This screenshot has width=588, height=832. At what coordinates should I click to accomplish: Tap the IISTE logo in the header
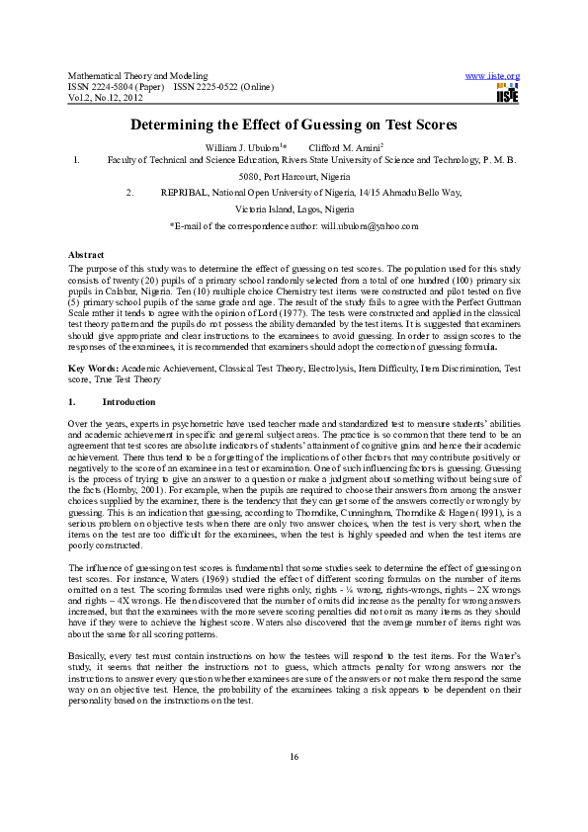click(x=507, y=93)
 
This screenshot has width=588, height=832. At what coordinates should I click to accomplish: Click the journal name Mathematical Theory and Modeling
click(x=137, y=76)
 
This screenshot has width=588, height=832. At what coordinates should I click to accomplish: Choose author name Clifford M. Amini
click(x=341, y=147)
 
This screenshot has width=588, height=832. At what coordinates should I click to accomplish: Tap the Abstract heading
click(x=85, y=256)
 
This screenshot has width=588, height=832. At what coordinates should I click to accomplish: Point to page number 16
click(x=294, y=757)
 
